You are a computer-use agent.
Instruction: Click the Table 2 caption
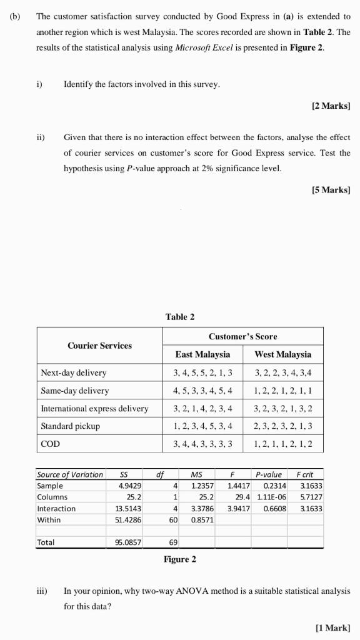179,317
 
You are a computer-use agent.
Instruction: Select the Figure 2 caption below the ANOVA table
179,559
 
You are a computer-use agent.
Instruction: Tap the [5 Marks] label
330,190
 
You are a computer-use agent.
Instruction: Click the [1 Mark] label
332,627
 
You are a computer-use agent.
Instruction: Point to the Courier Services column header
99,346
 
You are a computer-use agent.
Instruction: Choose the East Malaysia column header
202,354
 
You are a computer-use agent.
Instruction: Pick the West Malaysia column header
283,354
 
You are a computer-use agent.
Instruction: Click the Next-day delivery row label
73,373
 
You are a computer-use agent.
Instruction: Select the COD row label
50,444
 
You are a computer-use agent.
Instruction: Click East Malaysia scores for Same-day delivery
202,391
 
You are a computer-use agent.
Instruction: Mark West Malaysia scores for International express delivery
283,409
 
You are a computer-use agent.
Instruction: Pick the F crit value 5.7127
311,497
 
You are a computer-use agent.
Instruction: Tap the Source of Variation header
69,474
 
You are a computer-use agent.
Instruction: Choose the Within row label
49,520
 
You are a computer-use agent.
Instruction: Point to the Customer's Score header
242,336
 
